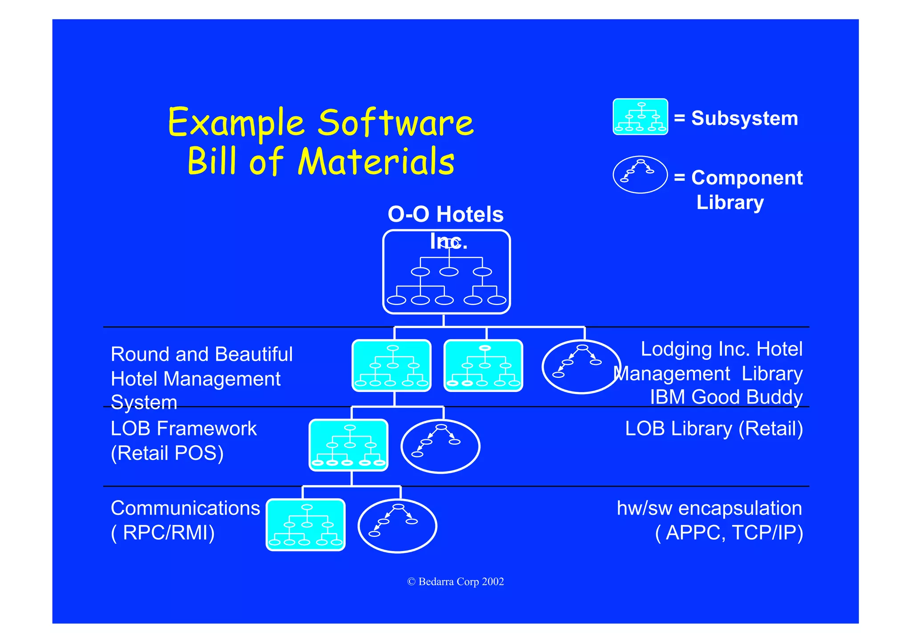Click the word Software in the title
click(396, 123)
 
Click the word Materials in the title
click(376, 162)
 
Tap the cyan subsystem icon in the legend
click(640, 117)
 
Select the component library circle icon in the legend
click(640, 175)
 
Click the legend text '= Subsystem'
click(736, 119)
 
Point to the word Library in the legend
click(730, 202)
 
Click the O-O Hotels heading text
click(445, 215)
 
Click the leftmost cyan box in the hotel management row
click(391, 366)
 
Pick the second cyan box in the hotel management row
click(483, 366)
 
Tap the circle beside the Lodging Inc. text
click(581, 367)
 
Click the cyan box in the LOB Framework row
click(349, 445)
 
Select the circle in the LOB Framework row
click(440, 446)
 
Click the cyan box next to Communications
click(306, 525)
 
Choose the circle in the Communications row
click(397, 526)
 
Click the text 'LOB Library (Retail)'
click(714, 429)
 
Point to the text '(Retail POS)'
click(167, 453)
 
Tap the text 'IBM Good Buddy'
click(726, 397)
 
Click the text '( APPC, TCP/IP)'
click(729, 532)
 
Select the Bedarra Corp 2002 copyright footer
click(455, 582)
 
